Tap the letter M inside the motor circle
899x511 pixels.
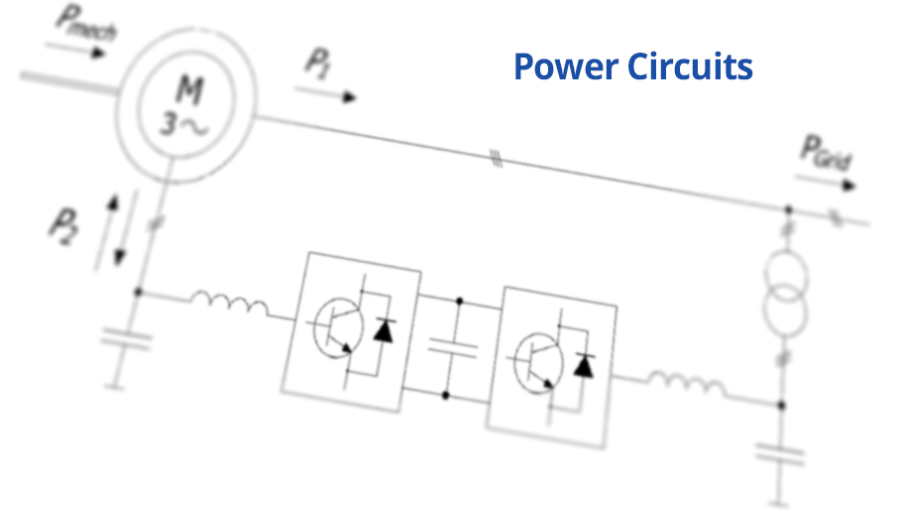pos(188,91)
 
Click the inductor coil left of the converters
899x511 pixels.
pos(228,303)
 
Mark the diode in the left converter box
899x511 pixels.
pos(381,330)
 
